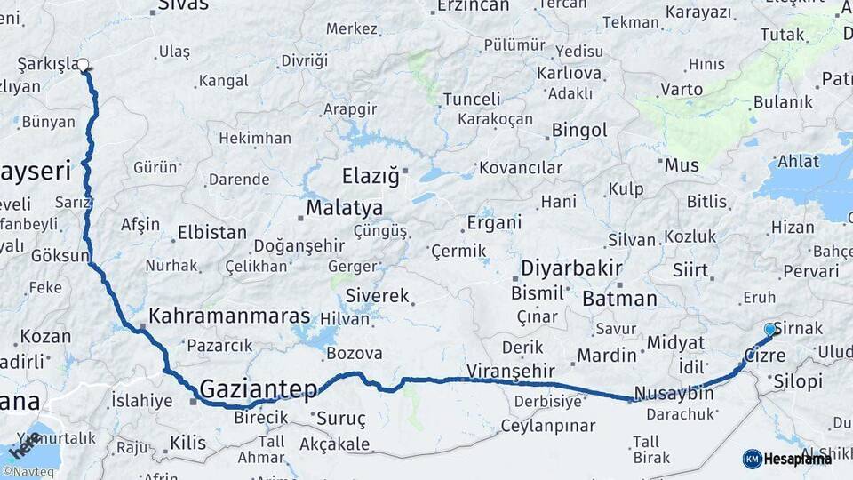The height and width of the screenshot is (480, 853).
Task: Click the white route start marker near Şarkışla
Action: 84,64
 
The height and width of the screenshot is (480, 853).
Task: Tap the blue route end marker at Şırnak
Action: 769,330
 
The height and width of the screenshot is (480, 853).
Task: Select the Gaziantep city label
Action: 259,388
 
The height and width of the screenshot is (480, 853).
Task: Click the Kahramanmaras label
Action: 229,316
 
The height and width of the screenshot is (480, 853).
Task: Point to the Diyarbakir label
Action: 570,268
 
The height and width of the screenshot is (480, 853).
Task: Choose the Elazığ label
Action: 371,174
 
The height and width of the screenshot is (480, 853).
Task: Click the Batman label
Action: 619,299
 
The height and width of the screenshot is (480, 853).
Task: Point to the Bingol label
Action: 579,131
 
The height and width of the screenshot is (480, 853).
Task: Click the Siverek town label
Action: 377,296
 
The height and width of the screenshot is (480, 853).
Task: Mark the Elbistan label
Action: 211,233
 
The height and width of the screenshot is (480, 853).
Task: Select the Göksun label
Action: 60,256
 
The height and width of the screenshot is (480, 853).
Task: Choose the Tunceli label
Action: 472,99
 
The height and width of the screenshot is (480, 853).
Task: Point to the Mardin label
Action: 607,356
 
